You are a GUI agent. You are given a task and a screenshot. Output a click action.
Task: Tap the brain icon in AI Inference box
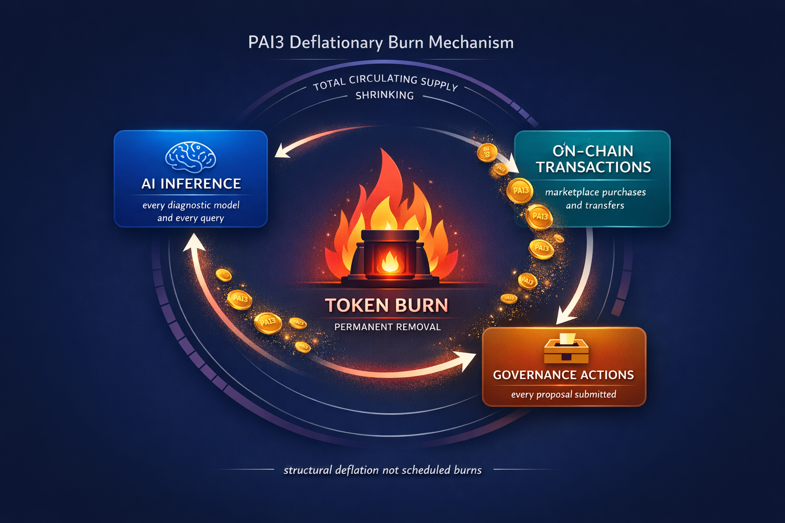click(191, 156)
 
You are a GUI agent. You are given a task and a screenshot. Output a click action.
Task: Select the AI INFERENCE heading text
click(191, 184)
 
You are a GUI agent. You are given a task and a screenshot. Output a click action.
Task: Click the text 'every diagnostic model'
click(191, 205)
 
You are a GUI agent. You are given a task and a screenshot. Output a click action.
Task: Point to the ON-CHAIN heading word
click(593, 151)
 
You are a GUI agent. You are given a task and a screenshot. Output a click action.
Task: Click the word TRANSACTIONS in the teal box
click(593, 168)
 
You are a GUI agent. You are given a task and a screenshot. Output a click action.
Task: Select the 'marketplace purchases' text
click(595, 193)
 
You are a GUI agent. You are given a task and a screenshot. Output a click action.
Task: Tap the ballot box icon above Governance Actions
click(566, 348)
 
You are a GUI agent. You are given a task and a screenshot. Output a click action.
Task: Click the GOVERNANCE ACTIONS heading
click(563, 375)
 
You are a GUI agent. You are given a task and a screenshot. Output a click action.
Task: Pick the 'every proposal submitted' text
click(563, 394)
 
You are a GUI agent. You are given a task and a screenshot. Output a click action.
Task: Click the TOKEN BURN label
click(386, 305)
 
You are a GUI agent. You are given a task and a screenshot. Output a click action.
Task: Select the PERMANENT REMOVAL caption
click(387, 327)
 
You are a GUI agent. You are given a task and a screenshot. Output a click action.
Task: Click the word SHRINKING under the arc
click(385, 96)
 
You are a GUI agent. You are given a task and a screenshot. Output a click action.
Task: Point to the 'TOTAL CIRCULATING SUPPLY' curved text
click(385, 82)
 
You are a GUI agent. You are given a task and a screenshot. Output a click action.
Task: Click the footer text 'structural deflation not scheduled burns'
click(382, 470)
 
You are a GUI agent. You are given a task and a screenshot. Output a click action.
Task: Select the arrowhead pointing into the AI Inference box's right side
click(282, 151)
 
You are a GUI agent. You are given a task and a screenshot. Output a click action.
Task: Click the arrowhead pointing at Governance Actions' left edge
click(468, 360)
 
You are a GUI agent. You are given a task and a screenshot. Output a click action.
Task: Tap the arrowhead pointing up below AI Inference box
click(193, 243)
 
